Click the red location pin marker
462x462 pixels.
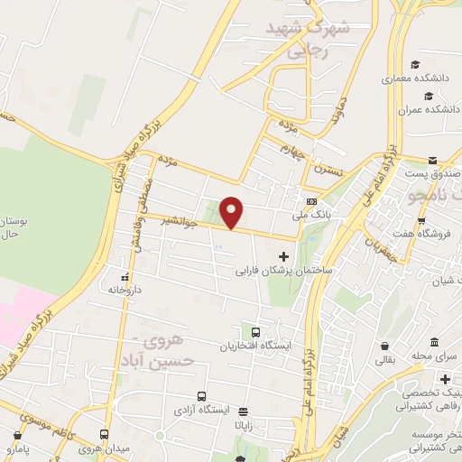tap(233, 213)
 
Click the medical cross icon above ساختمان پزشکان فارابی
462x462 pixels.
tap(284, 256)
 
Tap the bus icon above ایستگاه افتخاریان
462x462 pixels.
tap(256, 332)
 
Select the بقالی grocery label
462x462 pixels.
tap(385, 360)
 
